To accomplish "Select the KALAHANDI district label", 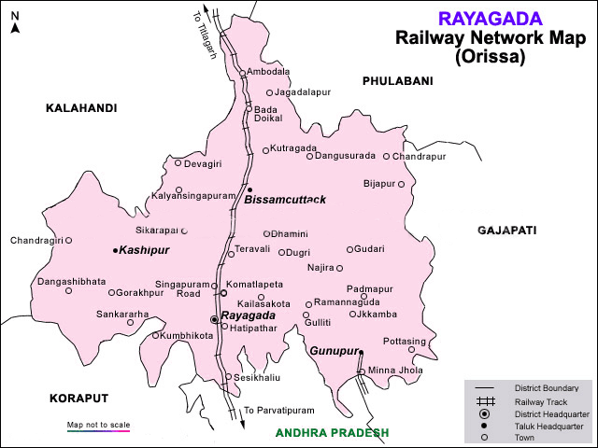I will pyautogui.click(x=81, y=109).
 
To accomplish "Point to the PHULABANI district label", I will pyautogui.click(x=398, y=82).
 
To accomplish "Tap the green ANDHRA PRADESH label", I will pyautogui.click(x=332, y=433).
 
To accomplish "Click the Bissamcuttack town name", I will pyautogui.click(x=285, y=200).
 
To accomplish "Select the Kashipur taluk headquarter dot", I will pyautogui.click(x=115, y=251).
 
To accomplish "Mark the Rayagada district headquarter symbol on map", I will pyautogui.click(x=215, y=319).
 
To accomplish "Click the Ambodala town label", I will pyautogui.click(x=269, y=72).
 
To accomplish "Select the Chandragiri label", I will pyautogui.click(x=36, y=241).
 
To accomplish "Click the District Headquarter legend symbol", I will pyautogui.click(x=484, y=413).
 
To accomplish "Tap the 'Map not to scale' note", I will pyautogui.click(x=98, y=426).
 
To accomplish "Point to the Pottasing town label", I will pyautogui.click(x=405, y=342).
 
